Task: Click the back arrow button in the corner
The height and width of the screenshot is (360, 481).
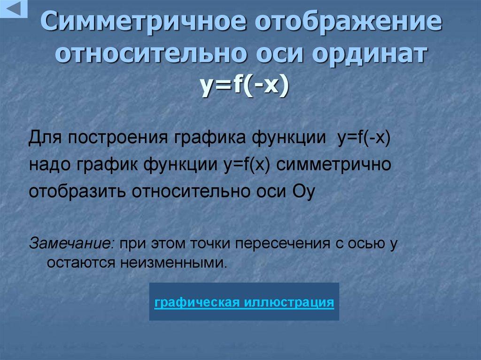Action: point(13,9)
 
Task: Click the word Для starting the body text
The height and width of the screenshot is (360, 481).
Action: point(45,139)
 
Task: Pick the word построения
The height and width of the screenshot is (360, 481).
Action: point(119,139)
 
